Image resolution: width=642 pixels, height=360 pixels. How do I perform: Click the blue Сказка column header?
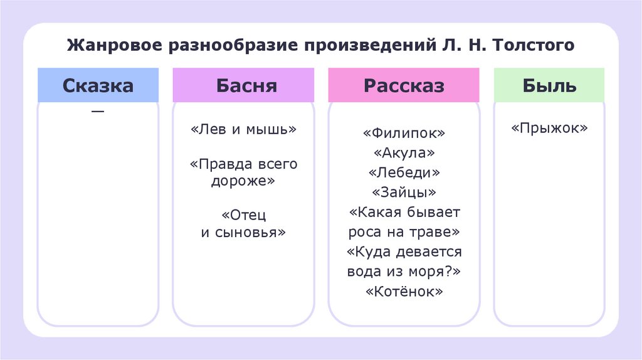point(98,85)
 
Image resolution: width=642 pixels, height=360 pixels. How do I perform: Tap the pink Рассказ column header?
point(404,85)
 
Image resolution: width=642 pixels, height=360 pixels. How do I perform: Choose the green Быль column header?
point(549,85)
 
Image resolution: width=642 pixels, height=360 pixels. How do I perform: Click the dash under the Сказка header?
point(98,112)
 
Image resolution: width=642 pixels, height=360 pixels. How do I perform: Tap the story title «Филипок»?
point(404,134)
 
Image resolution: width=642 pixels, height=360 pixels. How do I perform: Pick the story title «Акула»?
point(404,154)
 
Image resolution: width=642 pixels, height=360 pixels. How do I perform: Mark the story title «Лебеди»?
point(404,173)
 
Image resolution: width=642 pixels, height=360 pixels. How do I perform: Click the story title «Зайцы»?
point(404,193)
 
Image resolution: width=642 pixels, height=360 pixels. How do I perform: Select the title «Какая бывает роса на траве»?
point(404,222)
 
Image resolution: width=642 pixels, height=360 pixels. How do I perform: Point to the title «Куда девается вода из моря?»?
point(404,262)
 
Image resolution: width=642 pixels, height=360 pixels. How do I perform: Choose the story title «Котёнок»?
point(404,292)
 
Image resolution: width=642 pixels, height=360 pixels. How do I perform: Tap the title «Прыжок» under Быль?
point(549,129)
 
